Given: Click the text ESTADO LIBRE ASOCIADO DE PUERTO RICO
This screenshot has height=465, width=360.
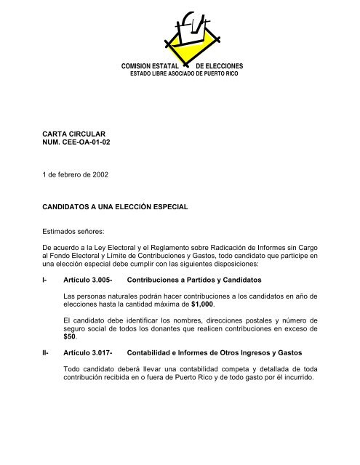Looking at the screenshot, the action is [x=183, y=74].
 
